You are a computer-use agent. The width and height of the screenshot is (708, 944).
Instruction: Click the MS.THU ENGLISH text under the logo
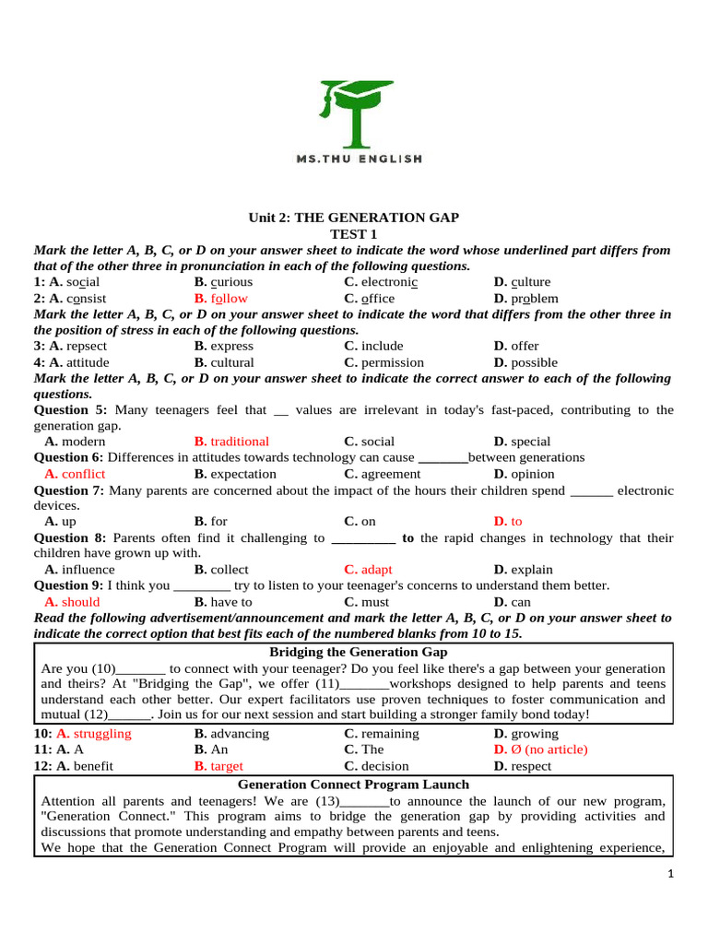point(359,159)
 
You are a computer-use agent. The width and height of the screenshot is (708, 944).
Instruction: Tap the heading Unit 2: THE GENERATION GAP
point(353,218)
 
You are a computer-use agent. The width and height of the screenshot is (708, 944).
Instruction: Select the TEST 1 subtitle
point(354,234)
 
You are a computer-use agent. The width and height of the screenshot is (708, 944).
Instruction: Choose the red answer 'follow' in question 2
point(229,299)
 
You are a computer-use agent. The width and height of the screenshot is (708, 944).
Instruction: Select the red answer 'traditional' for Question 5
point(239,442)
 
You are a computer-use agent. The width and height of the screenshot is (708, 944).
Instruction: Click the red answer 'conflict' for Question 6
point(83,474)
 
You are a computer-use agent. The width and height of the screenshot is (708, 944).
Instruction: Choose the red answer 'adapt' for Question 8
point(376,570)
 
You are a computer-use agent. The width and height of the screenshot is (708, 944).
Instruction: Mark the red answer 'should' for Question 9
point(80,602)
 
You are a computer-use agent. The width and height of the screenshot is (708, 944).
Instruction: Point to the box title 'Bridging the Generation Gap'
point(353,653)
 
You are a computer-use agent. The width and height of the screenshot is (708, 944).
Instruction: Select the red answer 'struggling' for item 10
point(101,734)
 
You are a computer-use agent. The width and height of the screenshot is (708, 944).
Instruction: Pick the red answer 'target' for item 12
point(226,766)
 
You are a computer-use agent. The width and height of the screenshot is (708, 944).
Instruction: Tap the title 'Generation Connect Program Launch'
point(353,785)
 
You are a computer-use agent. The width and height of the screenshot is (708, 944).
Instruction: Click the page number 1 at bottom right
point(670,874)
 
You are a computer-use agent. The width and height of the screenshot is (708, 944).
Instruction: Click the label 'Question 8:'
point(70,537)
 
